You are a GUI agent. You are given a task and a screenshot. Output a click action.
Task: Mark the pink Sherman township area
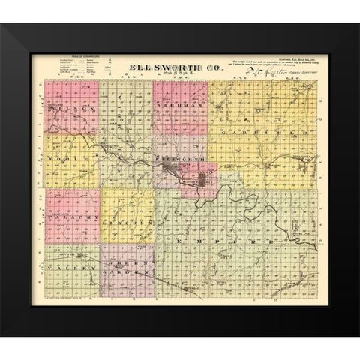pyautogui.click(x=180, y=120)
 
